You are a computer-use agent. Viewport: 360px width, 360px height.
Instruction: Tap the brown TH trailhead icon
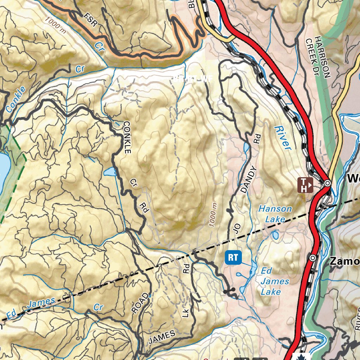click(x=306, y=185)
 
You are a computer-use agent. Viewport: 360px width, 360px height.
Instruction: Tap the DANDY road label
click(x=247, y=180)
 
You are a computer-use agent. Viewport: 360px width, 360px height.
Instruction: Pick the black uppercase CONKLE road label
click(x=127, y=137)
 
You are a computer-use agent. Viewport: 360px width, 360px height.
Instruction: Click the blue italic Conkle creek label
click(x=16, y=99)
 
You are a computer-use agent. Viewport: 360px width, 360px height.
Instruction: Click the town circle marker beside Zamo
click(x=313, y=258)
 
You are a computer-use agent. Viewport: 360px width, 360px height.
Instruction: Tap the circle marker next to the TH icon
click(x=327, y=183)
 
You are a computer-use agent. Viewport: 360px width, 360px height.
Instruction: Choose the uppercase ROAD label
click(x=140, y=302)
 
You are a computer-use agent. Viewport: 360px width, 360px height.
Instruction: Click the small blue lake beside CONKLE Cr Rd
click(x=109, y=172)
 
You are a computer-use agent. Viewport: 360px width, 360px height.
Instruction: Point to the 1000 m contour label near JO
click(x=213, y=214)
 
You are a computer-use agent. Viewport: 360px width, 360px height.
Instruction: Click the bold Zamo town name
click(x=345, y=261)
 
